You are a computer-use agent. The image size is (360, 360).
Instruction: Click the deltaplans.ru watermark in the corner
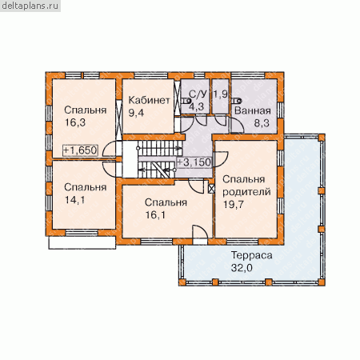click(x=30, y=6)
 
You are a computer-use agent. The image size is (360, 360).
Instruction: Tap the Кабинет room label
click(x=149, y=100)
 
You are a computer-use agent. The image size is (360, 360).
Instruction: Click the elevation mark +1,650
click(x=80, y=150)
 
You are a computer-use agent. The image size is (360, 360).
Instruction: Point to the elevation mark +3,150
click(x=194, y=162)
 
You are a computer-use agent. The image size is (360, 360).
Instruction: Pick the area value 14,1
click(x=75, y=199)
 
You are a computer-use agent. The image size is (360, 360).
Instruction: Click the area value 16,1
click(x=155, y=214)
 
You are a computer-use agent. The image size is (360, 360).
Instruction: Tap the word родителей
click(x=246, y=192)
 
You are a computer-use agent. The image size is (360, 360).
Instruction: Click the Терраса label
click(x=251, y=255)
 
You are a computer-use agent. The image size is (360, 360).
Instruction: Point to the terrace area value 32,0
click(x=242, y=268)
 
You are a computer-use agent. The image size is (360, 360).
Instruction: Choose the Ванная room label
click(x=253, y=110)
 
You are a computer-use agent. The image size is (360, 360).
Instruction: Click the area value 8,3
click(x=262, y=123)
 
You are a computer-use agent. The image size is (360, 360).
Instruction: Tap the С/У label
click(x=198, y=94)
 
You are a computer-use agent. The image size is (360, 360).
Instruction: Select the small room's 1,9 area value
click(x=221, y=94)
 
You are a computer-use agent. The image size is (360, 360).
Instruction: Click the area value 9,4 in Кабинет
click(x=136, y=113)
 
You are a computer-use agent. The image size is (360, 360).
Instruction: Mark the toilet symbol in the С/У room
click(x=186, y=101)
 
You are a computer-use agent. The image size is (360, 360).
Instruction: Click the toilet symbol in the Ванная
click(x=237, y=101)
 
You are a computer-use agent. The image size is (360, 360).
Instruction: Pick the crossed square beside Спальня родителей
click(x=211, y=189)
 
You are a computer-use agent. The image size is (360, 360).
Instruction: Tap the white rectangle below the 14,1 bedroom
click(x=82, y=242)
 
